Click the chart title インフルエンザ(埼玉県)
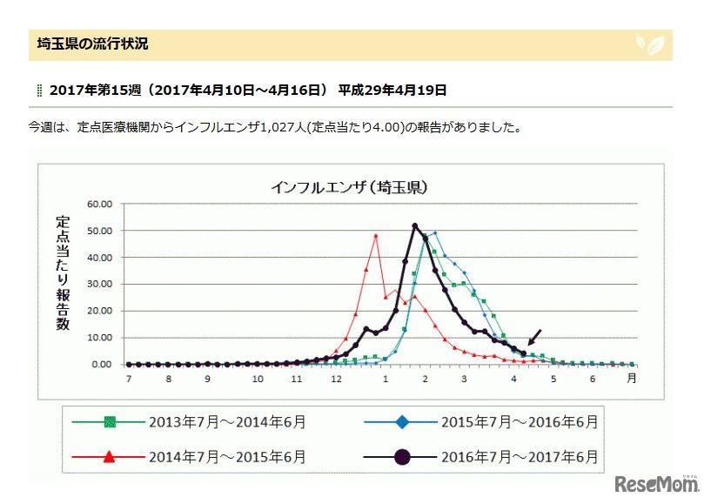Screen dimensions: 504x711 pyautogui.click(x=348, y=186)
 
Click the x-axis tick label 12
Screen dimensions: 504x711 pyautogui.click(x=336, y=380)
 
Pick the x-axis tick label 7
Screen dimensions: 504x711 pyautogui.click(x=128, y=380)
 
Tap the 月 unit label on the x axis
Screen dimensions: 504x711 pyautogui.click(x=632, y=379)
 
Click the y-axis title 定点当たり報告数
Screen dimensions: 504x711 pyautogui.click(x=63, y=273)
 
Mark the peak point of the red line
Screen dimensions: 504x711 pyautogui.click(x=375, y=235)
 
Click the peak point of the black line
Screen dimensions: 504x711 pyautogui.click(x=415, y=226)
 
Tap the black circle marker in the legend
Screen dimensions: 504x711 pyautogui.click(x=402, y=455)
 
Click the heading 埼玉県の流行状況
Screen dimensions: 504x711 pyautogui.click(x=93, y=44)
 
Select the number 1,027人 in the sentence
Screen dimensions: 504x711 pyautogui.click(x=305, y=127)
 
